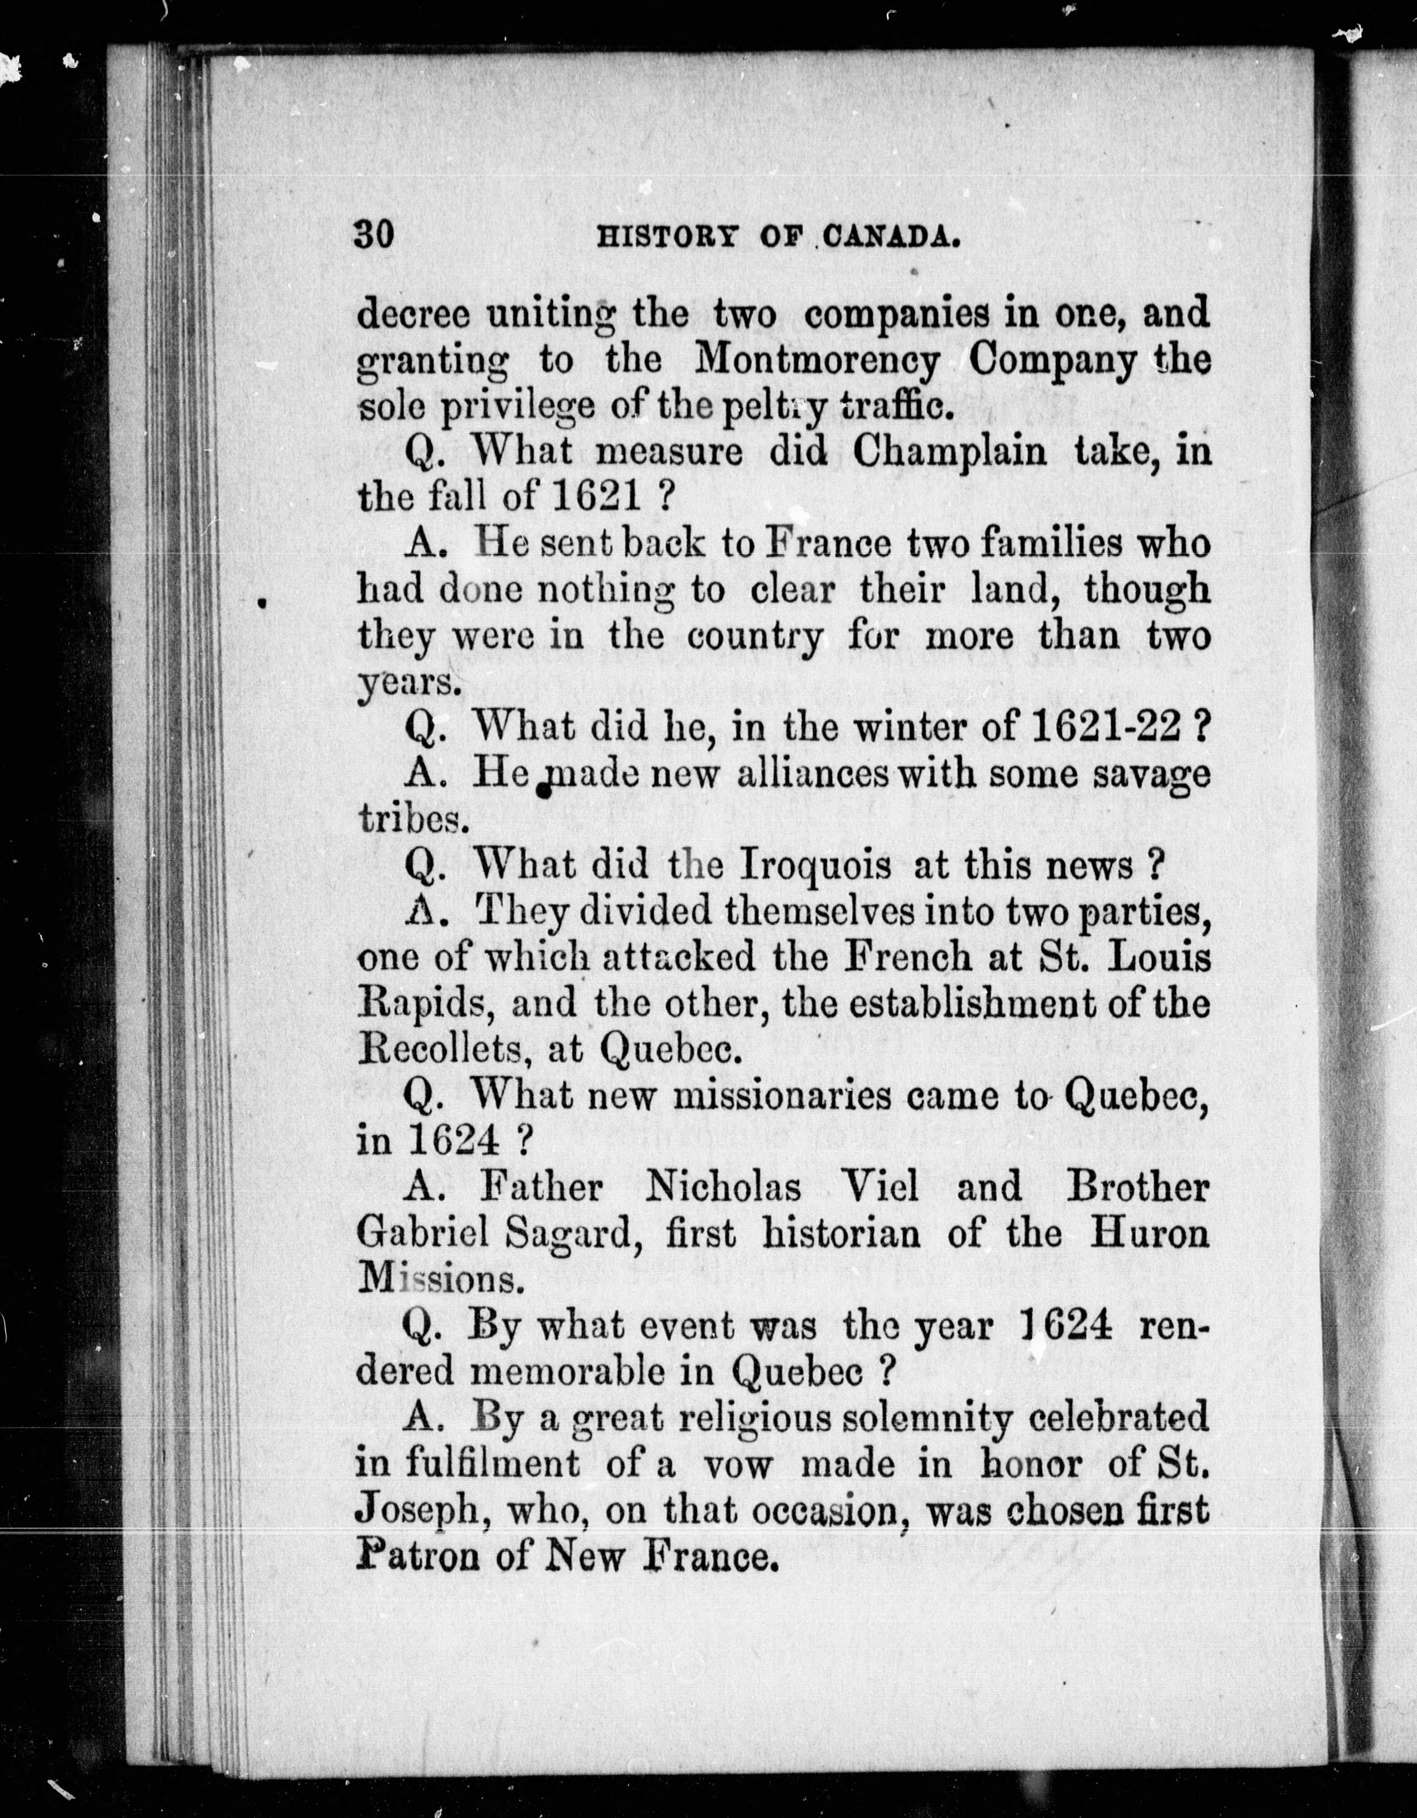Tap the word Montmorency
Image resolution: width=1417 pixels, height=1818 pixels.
(818, 360)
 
